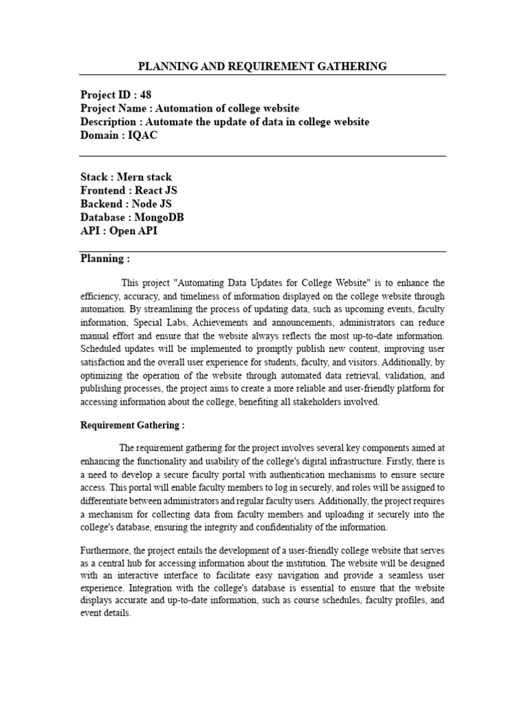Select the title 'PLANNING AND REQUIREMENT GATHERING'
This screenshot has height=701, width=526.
262,66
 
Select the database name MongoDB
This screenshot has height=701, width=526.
161,217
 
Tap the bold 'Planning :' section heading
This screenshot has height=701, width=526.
105,259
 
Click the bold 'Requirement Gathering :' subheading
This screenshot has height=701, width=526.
132,425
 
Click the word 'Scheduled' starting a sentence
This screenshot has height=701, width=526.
103,349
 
